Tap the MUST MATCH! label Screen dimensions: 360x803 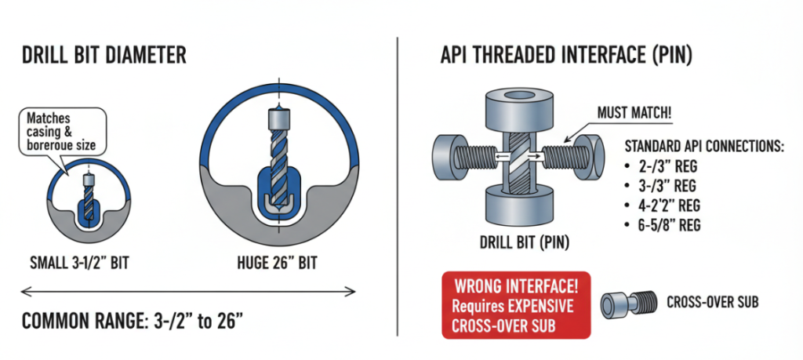pos(634,111)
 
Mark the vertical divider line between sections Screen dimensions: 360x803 pos(398,180)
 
